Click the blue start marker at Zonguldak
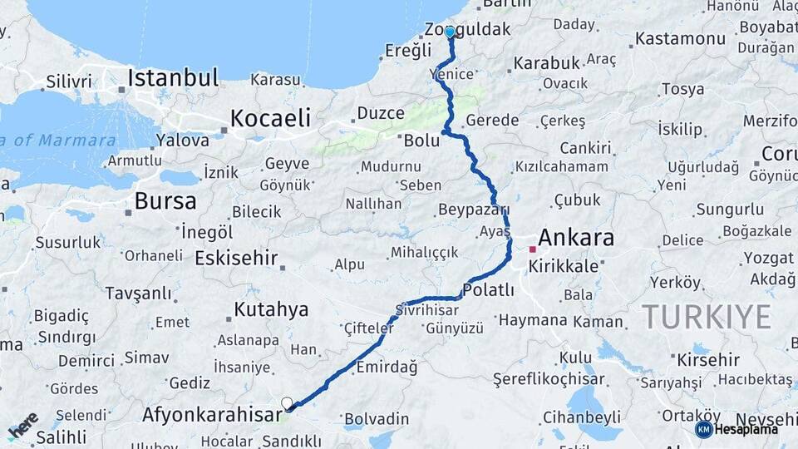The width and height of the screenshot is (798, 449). (x=450, y=32)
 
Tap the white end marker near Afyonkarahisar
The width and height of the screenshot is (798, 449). (x=288, y=403)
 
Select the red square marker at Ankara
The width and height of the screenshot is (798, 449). (x=532, y=249)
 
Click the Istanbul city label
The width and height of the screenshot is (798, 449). (x=173, y=79)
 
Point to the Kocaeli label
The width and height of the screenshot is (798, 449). (x=270, y=118)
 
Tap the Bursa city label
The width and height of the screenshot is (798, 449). (x=165, y=201)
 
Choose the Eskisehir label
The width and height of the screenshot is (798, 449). (x=236, y=258)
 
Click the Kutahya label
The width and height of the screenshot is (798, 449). (x=271, y=310)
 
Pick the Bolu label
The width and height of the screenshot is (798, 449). (x=421, y=141)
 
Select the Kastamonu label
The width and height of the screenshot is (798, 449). (x=680, y=38)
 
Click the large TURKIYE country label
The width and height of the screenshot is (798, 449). (x=707, y=317)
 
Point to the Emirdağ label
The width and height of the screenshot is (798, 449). (x=386, y=367)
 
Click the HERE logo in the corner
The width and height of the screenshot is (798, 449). (x=23, y=426)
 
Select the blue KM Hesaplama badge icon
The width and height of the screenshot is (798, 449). (x=704, y=429)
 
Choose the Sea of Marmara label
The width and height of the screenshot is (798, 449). (x=58, y=141)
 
